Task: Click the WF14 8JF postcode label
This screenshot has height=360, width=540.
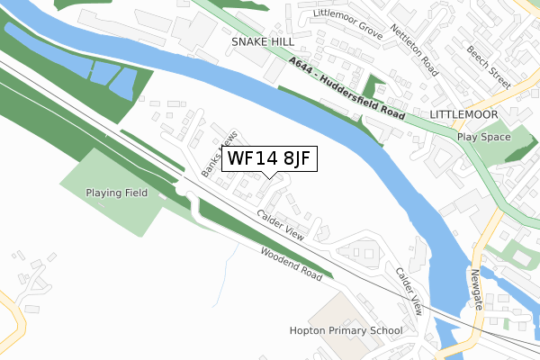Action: pyautogui.click(x=268, y=158)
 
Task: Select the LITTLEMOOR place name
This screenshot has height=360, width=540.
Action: pyautogui.click(x=464, y=116)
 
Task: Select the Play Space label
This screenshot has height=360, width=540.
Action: pyautogui.click(x=483, y=137)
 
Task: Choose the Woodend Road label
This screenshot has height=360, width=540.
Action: pyautogui.click(x=291, y=263)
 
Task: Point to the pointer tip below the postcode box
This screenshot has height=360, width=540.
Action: pyautogui.click(x=268, y=176)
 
